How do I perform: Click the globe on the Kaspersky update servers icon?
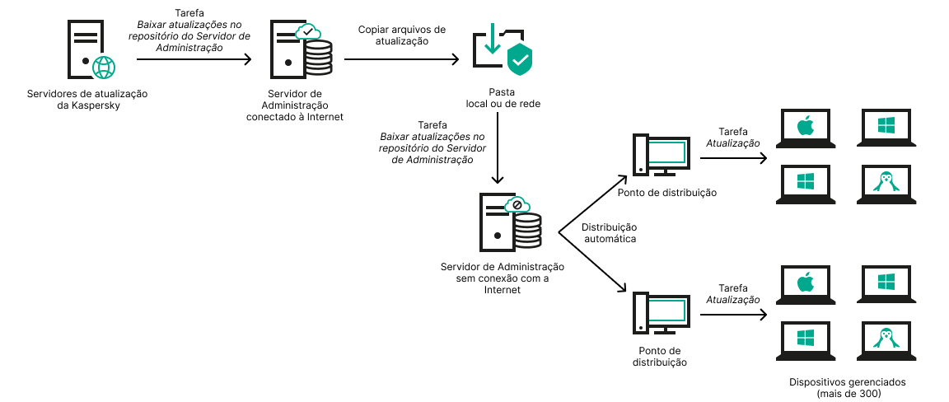click(x=104, y=67)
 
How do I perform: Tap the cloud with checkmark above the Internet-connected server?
click(x=307, y=32)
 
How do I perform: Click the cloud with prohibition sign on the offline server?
click(x=517, y=204)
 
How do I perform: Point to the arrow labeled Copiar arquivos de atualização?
click(x=401, y=59)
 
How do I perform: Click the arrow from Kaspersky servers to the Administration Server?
click(x=194, y=59)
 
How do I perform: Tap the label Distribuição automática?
click(x=610, y=232)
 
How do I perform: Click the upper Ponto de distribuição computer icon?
click(x=660, y=155)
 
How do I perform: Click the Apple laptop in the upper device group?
click(x=805, y=129)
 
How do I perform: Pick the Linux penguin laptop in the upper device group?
click(x=886, y=183)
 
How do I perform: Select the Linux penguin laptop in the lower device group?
click(x=886, y=339)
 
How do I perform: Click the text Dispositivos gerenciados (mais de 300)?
click(x=846, y=388)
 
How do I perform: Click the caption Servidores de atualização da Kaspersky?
click(x=87, y=100)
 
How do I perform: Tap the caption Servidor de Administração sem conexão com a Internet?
click(x=503, y=278)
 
